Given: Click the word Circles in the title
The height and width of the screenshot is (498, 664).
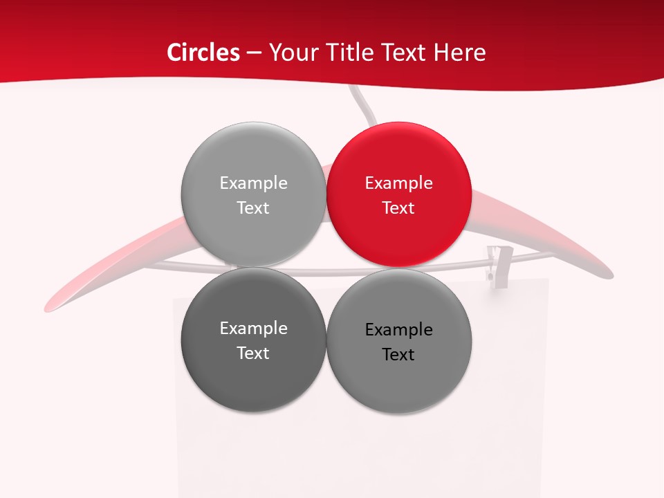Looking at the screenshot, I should [x=203, y=53].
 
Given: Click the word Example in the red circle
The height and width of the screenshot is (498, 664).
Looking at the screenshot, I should [x=398, y=183].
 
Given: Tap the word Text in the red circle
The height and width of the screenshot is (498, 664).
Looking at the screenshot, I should [x=398, y=207].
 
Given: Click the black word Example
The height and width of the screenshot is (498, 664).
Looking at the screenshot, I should [x=398, y=329].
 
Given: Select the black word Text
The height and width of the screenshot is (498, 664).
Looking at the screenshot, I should [x=398, y=354].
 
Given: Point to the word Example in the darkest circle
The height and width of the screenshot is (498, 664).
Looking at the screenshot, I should [x=253, y=328].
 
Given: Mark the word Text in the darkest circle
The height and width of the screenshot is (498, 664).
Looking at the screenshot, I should [x=253, y=353].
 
